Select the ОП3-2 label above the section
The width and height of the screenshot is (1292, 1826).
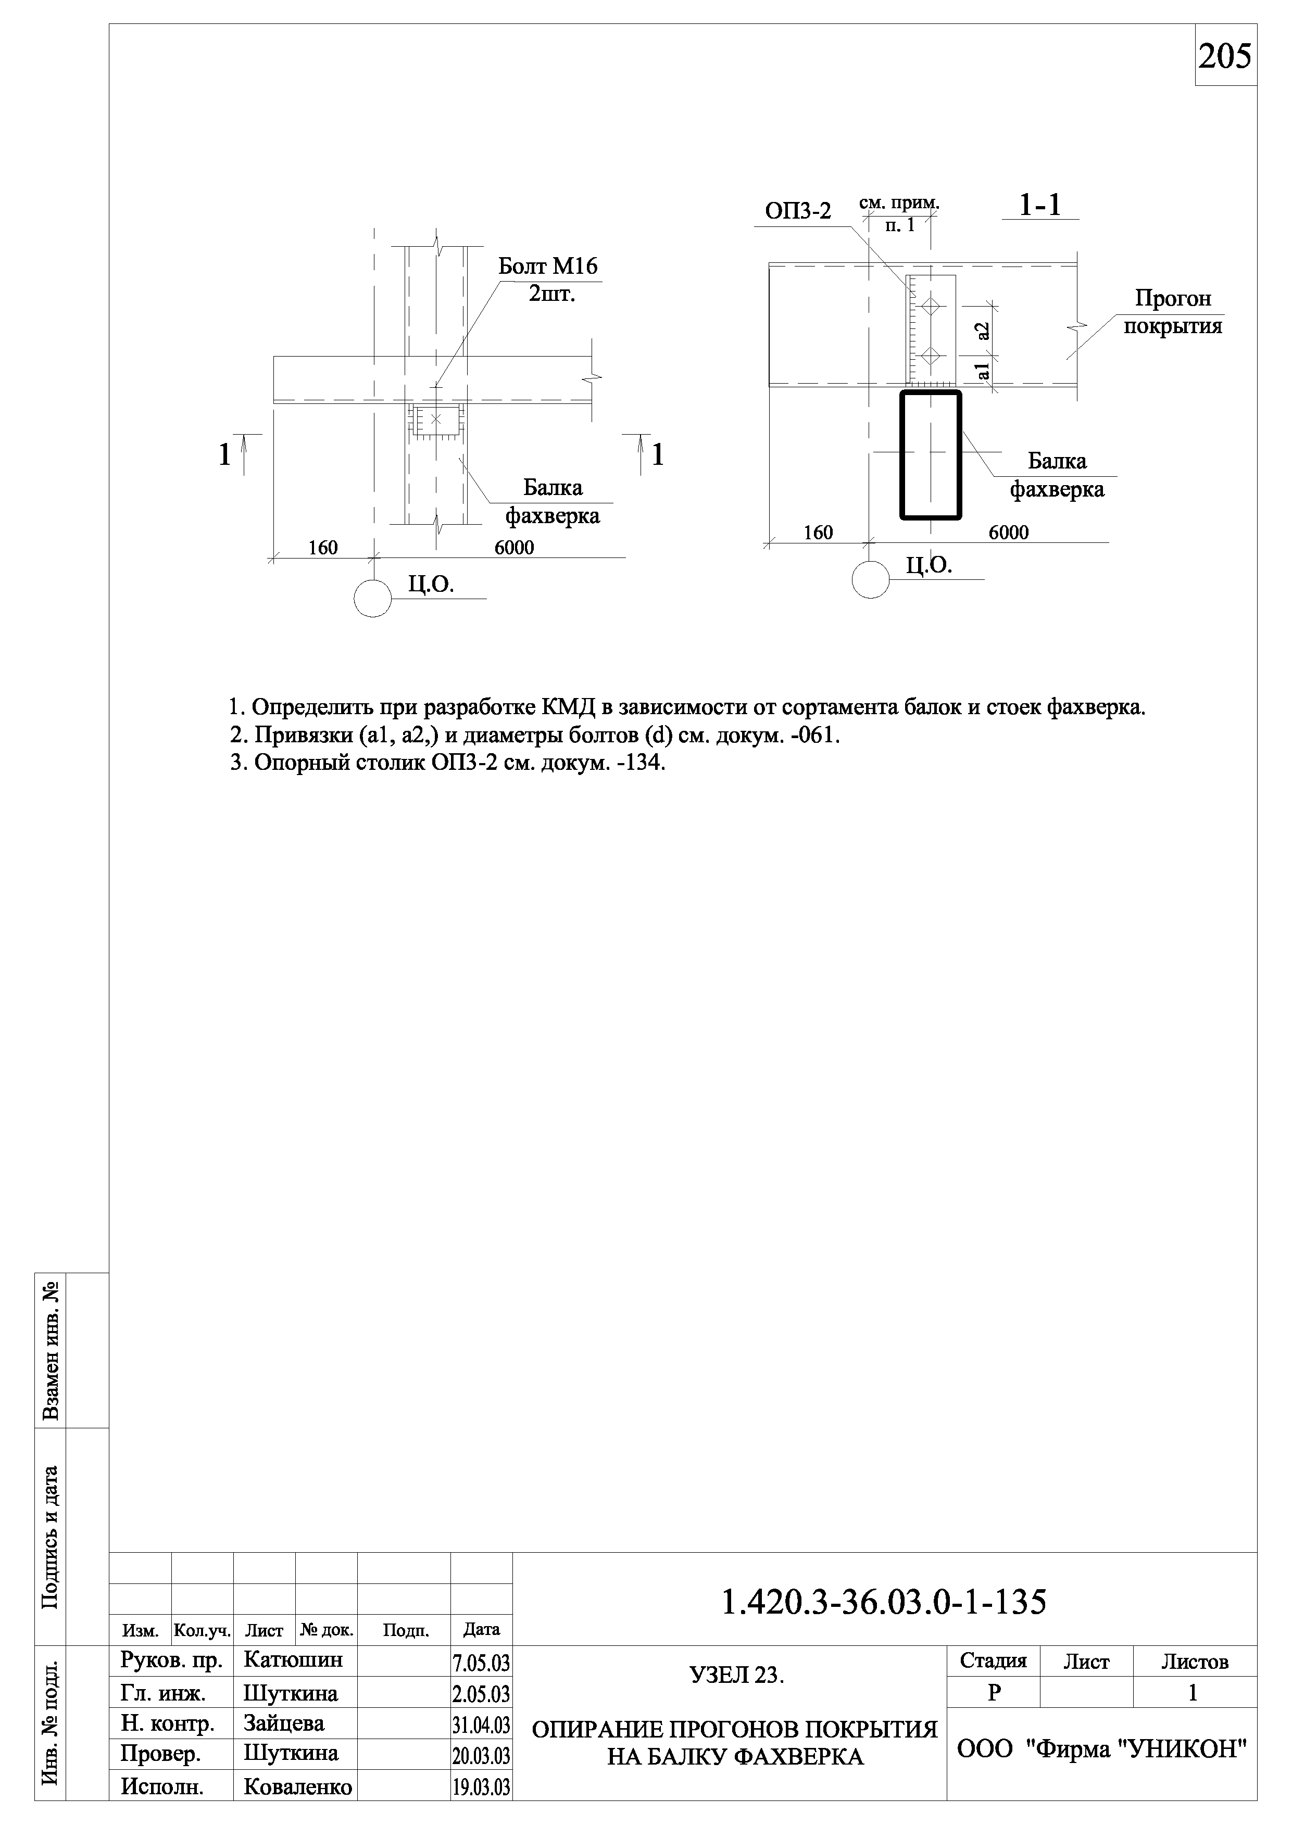click(797, 211)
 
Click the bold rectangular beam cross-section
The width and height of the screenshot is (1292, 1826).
click(930, 455)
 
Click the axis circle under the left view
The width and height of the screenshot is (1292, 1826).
click(372, 598)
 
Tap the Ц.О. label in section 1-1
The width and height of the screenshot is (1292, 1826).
click(929, 565)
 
